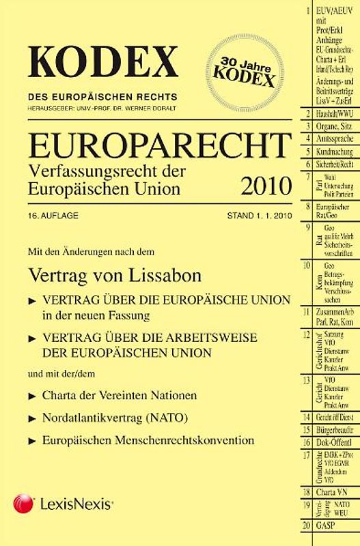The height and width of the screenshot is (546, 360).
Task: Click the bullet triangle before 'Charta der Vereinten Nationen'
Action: tap(33, 396)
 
